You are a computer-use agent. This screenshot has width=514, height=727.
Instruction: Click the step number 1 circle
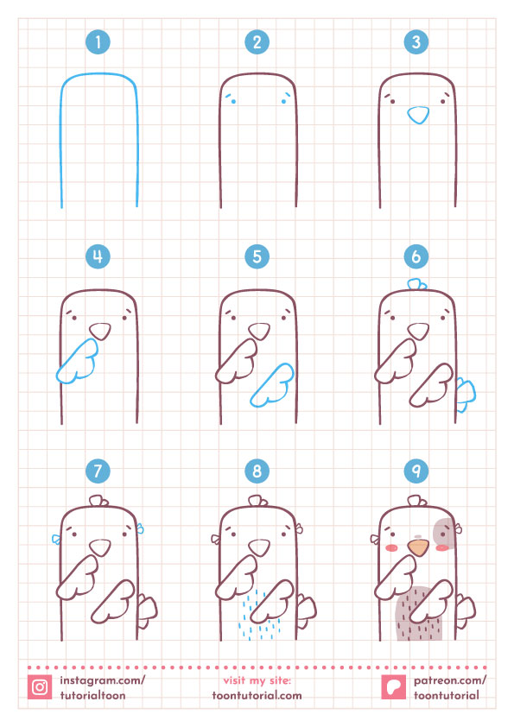click(99, 41)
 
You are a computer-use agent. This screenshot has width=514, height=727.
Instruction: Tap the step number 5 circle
click(257, 256)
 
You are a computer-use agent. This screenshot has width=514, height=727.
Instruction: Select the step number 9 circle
click(416, 471)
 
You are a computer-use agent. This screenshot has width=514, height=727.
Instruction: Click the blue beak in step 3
click(417, 115)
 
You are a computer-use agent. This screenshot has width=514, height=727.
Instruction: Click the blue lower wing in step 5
click(272, 384)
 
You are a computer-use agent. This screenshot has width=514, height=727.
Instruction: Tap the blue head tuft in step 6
click(416, 284)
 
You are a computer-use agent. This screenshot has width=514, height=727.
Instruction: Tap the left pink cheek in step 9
click(390, 547)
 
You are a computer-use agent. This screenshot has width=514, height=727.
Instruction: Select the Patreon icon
click(393, 687)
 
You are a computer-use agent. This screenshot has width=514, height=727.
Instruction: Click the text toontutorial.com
click(257, 695)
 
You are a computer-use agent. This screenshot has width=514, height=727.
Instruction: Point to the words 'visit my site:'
click(257, 680)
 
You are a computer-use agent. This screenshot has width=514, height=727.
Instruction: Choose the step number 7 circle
click(99, 471)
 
